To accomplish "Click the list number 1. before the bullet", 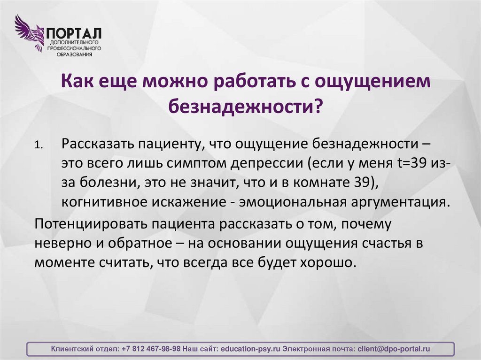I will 39,146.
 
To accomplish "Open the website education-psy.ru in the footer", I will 250,349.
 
